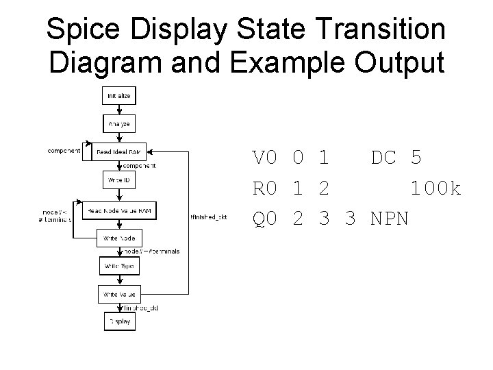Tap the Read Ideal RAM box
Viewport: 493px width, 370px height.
(120, 151)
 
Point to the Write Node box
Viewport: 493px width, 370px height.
(120, 238)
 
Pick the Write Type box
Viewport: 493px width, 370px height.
(120, 264)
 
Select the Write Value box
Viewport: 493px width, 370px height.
(120, 294)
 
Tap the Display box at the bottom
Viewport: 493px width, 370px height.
(120, 321)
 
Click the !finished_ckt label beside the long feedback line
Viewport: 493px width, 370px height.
(209, 218)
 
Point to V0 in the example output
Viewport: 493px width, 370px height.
(265, 158)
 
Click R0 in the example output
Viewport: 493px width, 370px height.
(265, 188)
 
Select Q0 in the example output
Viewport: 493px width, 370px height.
(265, 219)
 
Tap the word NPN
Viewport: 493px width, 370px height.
(390, 219)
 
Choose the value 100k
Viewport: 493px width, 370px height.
(435, 188)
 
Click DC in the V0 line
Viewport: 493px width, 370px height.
(383, 158)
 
